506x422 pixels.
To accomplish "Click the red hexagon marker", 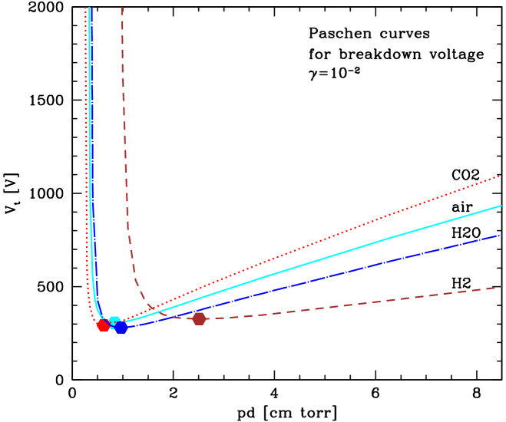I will (x=103, y=325).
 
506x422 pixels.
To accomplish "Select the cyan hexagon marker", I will (x=114, y=321).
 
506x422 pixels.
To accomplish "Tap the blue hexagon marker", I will (x=121, y=328).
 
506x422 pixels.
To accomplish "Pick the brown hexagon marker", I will (x=199, y=318).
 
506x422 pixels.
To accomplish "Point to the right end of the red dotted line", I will (x=501, y=176).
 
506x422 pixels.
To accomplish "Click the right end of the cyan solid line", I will (x=501, y=206).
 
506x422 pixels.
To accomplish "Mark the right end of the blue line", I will (x=501, y=235).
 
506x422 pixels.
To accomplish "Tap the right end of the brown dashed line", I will (x=501, y=287).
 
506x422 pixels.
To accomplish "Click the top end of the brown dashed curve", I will (x=122, y=8).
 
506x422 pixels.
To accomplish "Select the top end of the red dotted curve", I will (x=86, y=8).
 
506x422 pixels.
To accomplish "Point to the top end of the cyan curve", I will (x=90, y=8).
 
